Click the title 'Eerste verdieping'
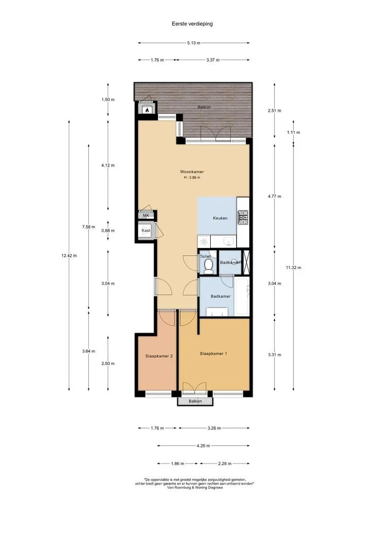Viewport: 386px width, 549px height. (x=192, y=24)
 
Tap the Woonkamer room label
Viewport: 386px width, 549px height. (x=192, y=172)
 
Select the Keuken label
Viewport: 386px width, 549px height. (x=220, y=218)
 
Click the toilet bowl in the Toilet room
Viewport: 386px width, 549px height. (x=209, y=266)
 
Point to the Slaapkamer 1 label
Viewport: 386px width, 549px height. (x=213, y=354)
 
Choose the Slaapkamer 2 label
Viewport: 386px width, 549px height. (x=159, y=356)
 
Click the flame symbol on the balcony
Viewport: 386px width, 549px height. (x=147, y=110)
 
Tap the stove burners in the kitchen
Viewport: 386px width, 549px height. (x=243, y=217)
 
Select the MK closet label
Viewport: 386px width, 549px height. (x=146, y=216)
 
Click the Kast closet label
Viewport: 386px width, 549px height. (x=146, y=230)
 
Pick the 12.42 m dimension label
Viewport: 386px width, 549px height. (x=69, y=256)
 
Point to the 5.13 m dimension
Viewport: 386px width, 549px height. (x=194, y=43)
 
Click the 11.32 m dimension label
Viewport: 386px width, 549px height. (x=293, y=267)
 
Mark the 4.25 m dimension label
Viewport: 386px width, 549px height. (x=203, y=446)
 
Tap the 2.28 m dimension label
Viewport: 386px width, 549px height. (x=224, y=464)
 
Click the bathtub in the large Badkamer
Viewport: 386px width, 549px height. (x=242, y=296)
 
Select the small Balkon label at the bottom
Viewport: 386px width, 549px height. (x=195, y=401)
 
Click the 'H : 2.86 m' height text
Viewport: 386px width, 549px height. (x=192, y=177)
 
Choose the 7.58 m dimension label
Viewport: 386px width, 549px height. (x=88, y=227)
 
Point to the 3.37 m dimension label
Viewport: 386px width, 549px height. (x=213, y=60)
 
